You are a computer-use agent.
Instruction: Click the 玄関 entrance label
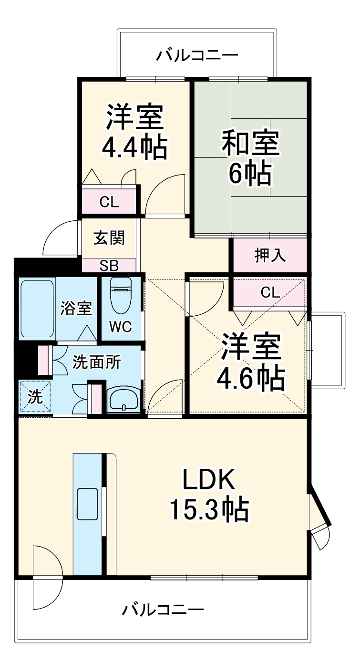[x=109, y=237]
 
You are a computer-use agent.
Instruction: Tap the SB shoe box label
[x=109, y=266]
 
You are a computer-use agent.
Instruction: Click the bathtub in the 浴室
[x=37, y=308]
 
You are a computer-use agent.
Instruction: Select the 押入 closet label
[x=270, y=256]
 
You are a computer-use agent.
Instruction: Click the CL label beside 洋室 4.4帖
[x=109, y=202]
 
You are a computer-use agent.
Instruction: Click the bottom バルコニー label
[x=163, y=609]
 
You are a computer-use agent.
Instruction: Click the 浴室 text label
[x=76, y=309]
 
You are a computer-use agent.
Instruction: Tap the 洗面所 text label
[x=96, y=362]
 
